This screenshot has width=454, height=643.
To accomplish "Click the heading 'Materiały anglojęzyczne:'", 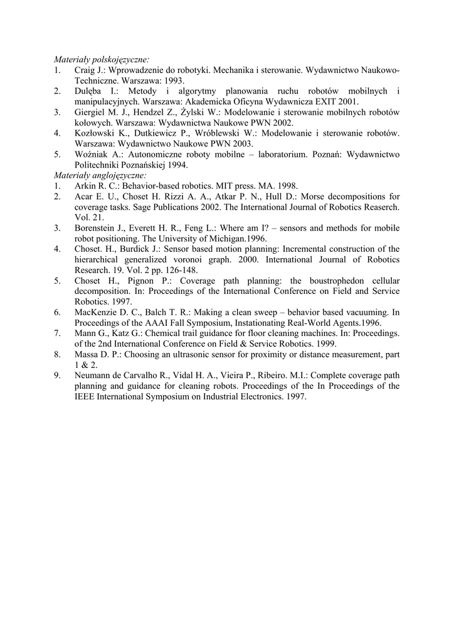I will pos(100,175).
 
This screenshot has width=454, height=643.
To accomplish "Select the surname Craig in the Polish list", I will pos(85,70).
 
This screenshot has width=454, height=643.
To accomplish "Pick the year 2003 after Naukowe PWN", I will pos(241,143).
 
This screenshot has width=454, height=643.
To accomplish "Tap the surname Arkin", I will pos(85,185).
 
